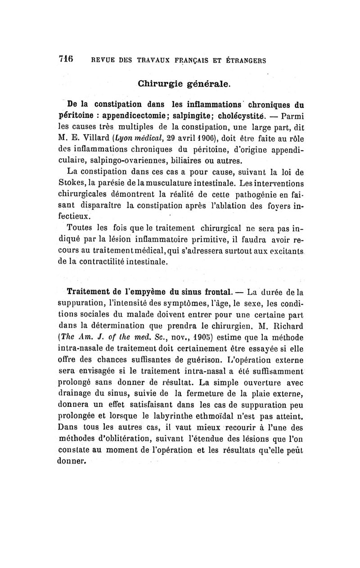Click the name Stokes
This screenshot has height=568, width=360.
(80, 184)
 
